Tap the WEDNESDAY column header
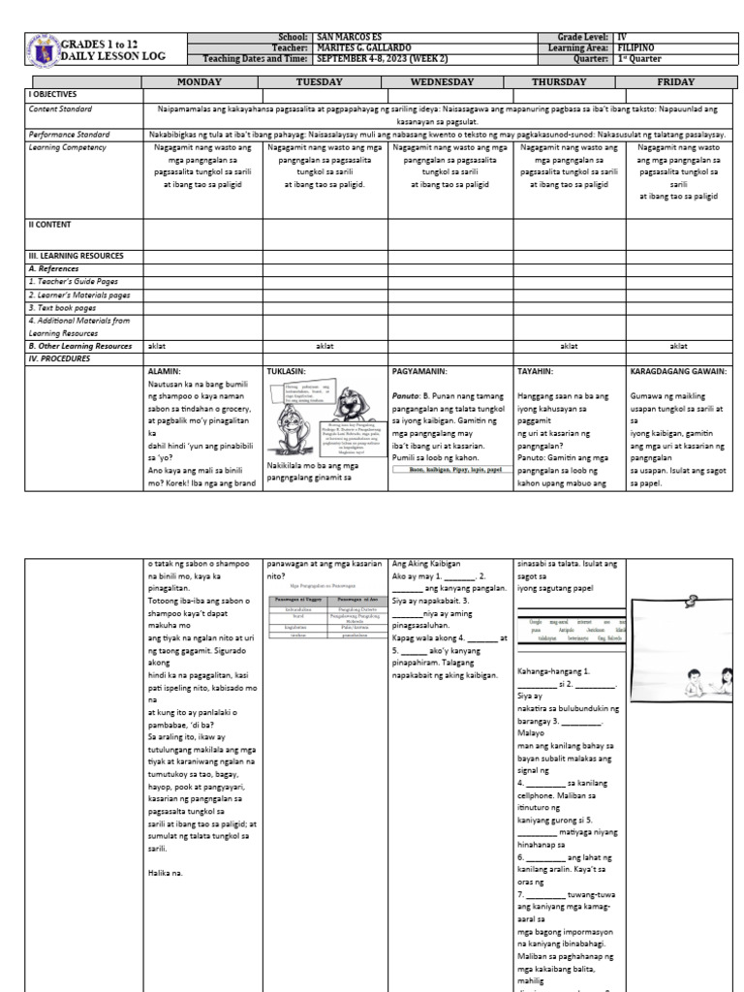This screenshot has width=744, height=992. [449, 81]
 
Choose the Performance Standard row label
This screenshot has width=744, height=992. [68, 134]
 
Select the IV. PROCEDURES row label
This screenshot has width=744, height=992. [60, 357]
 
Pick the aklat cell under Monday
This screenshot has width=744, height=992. [156, 345]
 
